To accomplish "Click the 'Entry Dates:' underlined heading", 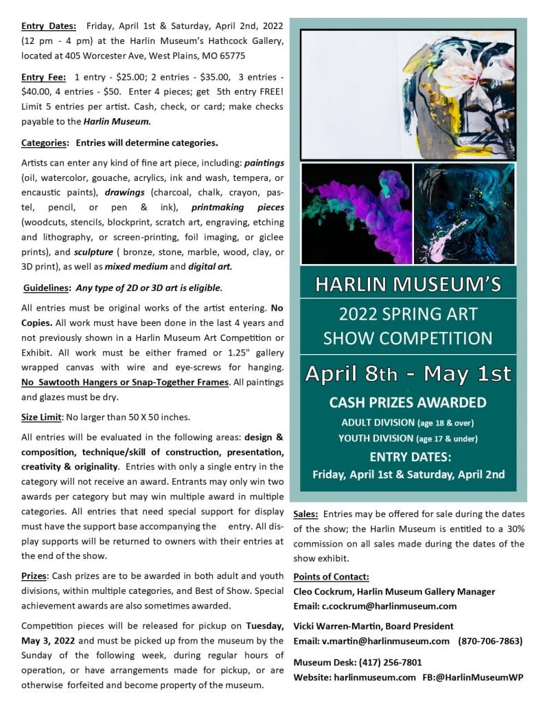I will coord(45,25).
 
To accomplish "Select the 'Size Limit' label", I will coord(43,417).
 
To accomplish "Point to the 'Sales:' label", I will coord(305,514).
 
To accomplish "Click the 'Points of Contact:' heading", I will coord(331,576).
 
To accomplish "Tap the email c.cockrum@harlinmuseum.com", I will coord(389,606).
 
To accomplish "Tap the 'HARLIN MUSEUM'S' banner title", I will coord(407,284).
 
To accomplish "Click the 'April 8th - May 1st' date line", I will coord(408,374).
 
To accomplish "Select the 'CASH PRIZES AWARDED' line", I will coord(408,402).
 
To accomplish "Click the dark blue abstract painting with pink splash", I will coord(464,213).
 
